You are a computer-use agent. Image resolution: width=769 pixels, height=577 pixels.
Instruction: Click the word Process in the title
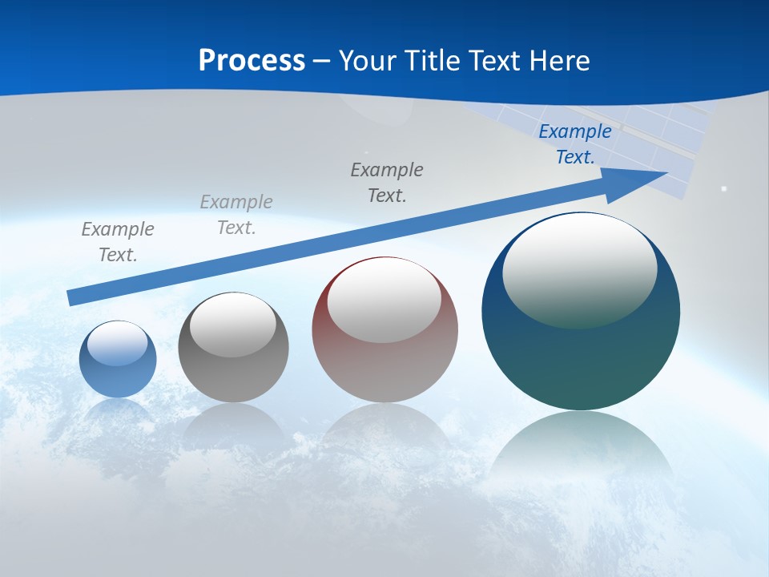pos(252,61)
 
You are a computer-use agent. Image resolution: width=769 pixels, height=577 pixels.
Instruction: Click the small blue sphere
pos(118,377)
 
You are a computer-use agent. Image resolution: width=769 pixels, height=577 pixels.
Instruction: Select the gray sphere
pos(233,377)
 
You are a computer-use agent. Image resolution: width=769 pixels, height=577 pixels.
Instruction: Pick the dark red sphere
pos(384,369)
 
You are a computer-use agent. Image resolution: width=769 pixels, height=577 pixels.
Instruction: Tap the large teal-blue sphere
pos(581,361)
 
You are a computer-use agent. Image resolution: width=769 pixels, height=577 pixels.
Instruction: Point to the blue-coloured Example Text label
pos(575,144)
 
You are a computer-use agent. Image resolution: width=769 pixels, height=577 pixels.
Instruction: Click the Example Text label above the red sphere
pos(387,182)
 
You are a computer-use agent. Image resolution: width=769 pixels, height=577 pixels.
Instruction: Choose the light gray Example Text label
pos(236,214)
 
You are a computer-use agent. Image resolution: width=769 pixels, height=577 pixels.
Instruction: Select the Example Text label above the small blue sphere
pos(118,241)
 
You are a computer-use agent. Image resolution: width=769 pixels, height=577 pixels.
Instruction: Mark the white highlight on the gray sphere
pos(232,325)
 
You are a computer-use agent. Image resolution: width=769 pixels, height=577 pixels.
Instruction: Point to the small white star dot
pos(723,189)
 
